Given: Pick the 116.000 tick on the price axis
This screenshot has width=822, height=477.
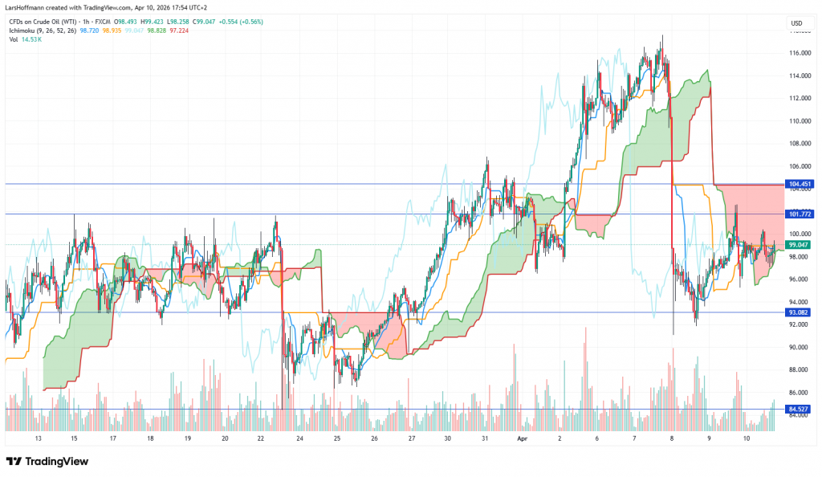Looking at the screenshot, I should point(797,53).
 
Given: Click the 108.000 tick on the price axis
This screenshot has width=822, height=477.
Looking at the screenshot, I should point(797,144).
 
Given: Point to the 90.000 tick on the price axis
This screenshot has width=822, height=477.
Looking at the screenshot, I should point(797,347).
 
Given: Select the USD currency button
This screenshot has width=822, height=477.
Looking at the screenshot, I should point(796,22).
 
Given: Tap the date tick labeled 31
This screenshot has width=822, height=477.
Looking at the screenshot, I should point(486,439).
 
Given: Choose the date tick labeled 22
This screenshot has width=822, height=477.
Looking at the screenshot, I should point(262,439).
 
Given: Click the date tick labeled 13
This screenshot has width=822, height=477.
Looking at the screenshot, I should point(38,439).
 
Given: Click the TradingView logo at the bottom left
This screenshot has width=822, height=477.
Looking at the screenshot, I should point(47,462).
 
